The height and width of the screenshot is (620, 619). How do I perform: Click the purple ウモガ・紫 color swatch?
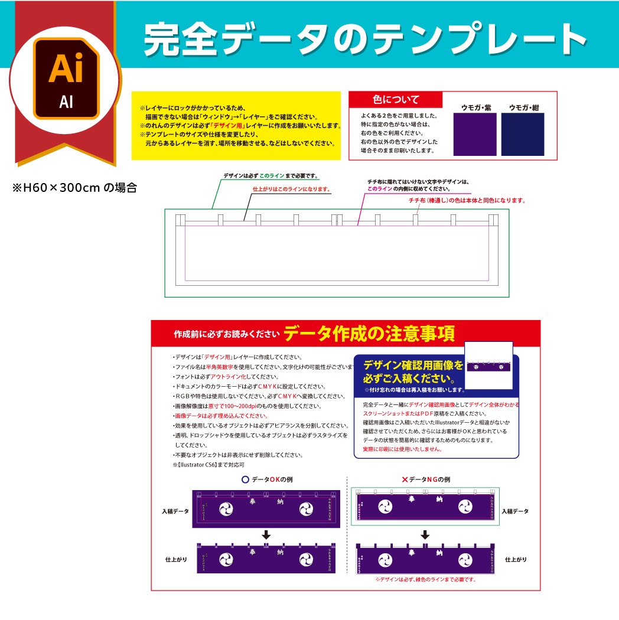coord(474,134)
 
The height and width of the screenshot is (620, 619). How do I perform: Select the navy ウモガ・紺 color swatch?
coord(523,134)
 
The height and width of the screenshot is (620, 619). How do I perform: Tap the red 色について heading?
coord(395,99)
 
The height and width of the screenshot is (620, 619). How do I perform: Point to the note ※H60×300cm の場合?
coord(75,188)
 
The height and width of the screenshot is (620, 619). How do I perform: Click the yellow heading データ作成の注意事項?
coord(369,334)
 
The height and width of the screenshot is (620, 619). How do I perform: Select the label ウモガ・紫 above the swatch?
coord(475,107)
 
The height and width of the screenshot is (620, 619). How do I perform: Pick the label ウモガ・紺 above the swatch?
coord(524,107)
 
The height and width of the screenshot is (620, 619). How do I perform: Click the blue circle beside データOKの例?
coord(245,479)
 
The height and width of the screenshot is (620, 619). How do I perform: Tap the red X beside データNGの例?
coord(405,479)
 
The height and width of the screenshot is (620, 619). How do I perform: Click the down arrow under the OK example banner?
coord(266,535)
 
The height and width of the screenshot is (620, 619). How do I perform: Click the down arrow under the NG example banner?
coord(425,535)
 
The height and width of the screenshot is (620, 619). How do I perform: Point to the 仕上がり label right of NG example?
coord(515,559)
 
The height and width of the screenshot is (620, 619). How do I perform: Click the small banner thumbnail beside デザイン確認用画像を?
coord(488,366)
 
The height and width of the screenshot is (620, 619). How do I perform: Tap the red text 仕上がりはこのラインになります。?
coord(291,190)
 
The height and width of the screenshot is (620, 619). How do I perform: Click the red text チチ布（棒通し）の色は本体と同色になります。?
coord(467,201)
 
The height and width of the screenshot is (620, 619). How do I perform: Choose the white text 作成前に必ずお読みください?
coord(226,334)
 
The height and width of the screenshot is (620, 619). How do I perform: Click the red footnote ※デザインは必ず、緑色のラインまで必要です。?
coord(425,579)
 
